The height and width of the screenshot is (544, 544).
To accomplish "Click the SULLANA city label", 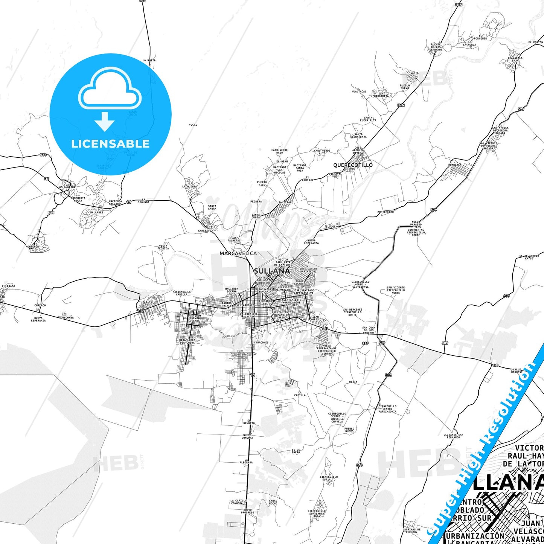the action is coord(272,271).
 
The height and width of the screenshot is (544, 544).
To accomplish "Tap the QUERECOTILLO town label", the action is coord(353,165).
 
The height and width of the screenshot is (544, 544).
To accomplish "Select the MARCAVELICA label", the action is coord(238,253).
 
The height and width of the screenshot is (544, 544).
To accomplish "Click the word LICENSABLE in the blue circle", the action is coord(110,144).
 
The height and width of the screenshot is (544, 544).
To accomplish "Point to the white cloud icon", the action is coord(110,90).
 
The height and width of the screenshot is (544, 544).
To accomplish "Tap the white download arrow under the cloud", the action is coord(105,121).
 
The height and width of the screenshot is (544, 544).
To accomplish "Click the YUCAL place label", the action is coord(193,125).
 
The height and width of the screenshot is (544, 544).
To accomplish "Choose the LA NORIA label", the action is coord(149,60).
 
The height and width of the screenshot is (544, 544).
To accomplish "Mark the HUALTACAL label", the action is coord(359,91).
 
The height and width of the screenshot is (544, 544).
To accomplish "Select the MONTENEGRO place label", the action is coord(386,212).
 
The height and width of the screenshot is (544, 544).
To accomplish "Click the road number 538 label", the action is coord(43,155).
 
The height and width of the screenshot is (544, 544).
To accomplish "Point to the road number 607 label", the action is coord(507,296).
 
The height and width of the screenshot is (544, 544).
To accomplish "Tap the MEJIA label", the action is coord(353,382).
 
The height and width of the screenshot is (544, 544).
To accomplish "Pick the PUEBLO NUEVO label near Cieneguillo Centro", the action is coord(349,430).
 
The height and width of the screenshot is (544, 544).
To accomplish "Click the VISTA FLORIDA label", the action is coord(163,247).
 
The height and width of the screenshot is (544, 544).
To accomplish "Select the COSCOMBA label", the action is coord(67,317).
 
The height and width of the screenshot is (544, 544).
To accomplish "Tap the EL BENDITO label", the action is coord(249,422).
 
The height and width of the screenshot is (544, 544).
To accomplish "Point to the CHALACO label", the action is coord(40,305).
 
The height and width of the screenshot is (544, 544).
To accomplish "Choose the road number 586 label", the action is coord(389,375).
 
